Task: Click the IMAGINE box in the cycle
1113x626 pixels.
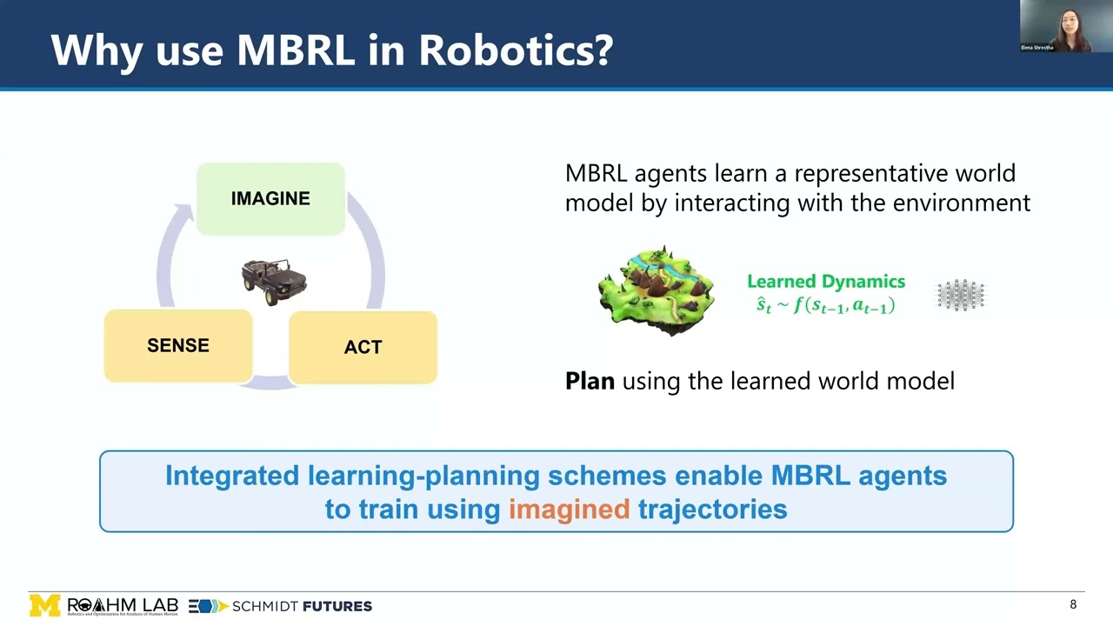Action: pos(270,199)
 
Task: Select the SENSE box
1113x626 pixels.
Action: pos(178,346)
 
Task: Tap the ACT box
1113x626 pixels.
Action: pos(363,348)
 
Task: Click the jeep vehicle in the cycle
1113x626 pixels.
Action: pos(274,281)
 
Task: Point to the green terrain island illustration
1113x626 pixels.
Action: pos(656,290)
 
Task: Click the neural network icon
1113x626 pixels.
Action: pos(961,296)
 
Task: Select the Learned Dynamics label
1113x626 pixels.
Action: pos(825,282)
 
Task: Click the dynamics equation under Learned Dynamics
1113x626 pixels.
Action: pos(825,305)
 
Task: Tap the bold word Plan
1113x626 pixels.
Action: pos(590,381)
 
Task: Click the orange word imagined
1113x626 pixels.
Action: pos(569,509)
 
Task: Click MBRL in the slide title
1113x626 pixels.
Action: pos(294,50)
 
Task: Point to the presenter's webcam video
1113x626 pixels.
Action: pos(1066,27)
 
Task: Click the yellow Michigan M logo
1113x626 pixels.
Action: pos(45,605)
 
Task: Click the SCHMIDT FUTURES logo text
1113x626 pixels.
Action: pos(302,606)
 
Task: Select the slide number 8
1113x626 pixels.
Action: pos(1073,604)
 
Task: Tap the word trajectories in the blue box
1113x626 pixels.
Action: pos(712,509)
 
